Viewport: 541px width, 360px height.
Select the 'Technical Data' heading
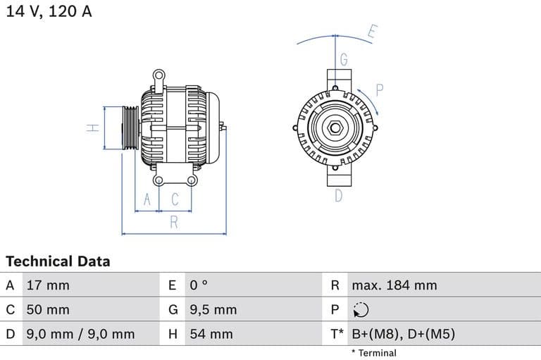58,261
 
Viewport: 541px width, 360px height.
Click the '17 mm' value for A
48,285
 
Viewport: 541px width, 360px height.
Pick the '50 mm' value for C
48,309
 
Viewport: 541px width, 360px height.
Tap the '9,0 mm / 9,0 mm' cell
80,334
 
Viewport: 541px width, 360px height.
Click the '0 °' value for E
199,285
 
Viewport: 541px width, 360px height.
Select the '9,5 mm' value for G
213,309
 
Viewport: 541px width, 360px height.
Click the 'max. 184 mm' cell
394,285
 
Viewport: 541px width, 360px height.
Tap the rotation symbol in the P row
360,310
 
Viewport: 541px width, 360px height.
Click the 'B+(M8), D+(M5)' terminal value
403,334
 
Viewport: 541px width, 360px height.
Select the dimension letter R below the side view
174,223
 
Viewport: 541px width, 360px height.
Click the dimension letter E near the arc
373,32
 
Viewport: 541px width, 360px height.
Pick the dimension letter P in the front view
379,89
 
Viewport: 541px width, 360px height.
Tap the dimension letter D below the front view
338,196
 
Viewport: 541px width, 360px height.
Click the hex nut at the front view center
335,129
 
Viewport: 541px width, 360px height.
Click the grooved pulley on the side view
130,128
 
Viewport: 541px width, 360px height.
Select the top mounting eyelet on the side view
160,74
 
